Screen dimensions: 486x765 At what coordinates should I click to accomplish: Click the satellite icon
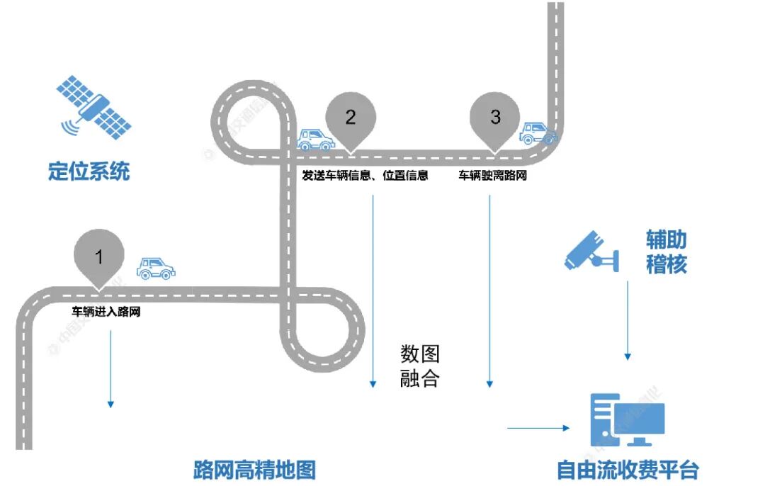(x=94, y=108)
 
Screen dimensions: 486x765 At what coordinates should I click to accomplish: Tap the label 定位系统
(x=89, y=171)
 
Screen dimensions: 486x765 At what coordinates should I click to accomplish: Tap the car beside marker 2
(x=316, y=140)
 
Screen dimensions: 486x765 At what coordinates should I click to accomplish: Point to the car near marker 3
(x=538, y=132)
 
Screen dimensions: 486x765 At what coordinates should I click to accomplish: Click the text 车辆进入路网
(x=106, y=310)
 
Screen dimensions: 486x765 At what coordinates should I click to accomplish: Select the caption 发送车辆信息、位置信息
(x=365, y=175)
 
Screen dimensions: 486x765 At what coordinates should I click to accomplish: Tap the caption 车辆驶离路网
(x=492, y=175)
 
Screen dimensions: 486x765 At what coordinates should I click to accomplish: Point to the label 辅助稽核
(x=666, y=252)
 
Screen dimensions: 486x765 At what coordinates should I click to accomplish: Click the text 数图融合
(x=420, y=366)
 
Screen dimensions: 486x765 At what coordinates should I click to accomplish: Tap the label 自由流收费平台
(x=628, y=470)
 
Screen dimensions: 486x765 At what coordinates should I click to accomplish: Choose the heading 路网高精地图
(x=254, y=470)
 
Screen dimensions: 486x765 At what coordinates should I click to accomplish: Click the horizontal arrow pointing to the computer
(x=538, y=428)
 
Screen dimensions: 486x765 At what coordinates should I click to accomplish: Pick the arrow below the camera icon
(x=627, y=319)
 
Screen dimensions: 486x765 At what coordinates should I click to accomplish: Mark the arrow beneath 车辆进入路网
(x=110, y=368)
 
